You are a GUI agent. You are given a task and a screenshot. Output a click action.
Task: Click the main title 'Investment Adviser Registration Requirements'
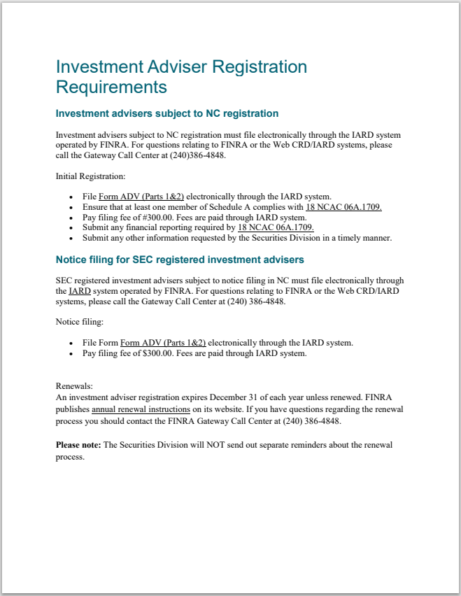pos(180,77)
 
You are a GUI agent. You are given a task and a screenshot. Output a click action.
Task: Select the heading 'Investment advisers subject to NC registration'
pos(166,113)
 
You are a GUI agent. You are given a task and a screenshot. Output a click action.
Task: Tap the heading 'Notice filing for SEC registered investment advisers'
pos(179,260)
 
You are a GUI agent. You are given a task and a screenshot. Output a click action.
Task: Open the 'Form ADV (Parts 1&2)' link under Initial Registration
pos(141,197)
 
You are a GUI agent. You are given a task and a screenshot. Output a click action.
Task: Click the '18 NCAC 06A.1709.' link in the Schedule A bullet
pos(343,207)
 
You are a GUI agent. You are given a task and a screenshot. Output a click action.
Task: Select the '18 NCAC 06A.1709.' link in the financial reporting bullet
pos(276,227)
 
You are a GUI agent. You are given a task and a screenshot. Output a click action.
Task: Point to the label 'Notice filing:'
pos(79,322)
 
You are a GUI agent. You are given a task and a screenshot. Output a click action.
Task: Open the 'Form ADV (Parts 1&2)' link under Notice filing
pos(163,343)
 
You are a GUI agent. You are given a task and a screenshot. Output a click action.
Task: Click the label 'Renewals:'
pos(74,386)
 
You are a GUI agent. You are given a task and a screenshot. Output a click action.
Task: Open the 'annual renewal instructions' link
pos(141,409)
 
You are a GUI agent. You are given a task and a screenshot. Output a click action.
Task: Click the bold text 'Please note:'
pos(78,445)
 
